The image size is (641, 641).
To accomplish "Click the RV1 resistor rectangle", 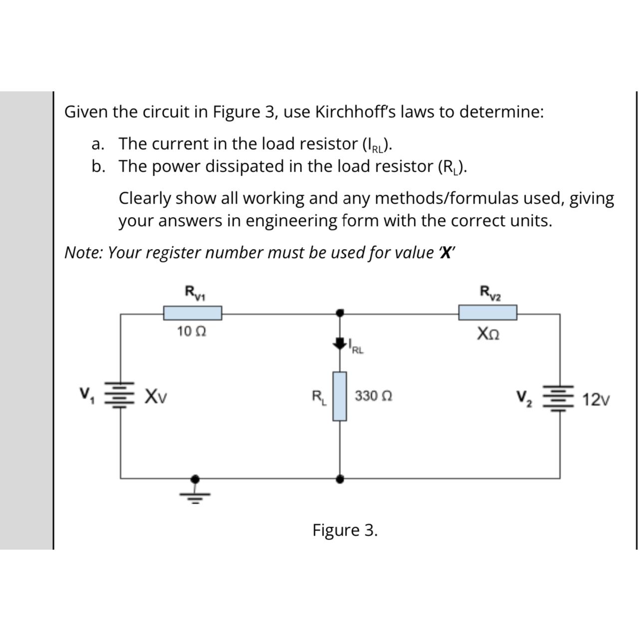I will click(x=193, y=313).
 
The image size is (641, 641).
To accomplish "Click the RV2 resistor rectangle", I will click(x=487, y=313).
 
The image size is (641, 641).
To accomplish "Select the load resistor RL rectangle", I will click(x=340, y=396).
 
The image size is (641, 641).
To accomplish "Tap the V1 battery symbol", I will click(x=119, y=396).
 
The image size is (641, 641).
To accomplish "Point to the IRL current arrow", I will click(x=340, y=343).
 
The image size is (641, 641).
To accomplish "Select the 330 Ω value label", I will click(x=373, y=396).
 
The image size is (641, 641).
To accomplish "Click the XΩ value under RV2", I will click(x=488, y=332).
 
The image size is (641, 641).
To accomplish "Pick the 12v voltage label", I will click(x=596, y=400).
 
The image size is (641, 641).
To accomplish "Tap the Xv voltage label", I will click(x=156, y=397).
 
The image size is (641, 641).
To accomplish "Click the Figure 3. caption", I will click(x=345, y=530).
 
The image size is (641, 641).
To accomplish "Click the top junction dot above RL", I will click(x=340, y=313).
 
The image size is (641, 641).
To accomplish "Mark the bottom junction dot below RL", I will click(x=340, y=479).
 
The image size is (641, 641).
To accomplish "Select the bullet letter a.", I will click(x=98, y=144).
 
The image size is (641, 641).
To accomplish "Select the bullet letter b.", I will click(x=98, y=166).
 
